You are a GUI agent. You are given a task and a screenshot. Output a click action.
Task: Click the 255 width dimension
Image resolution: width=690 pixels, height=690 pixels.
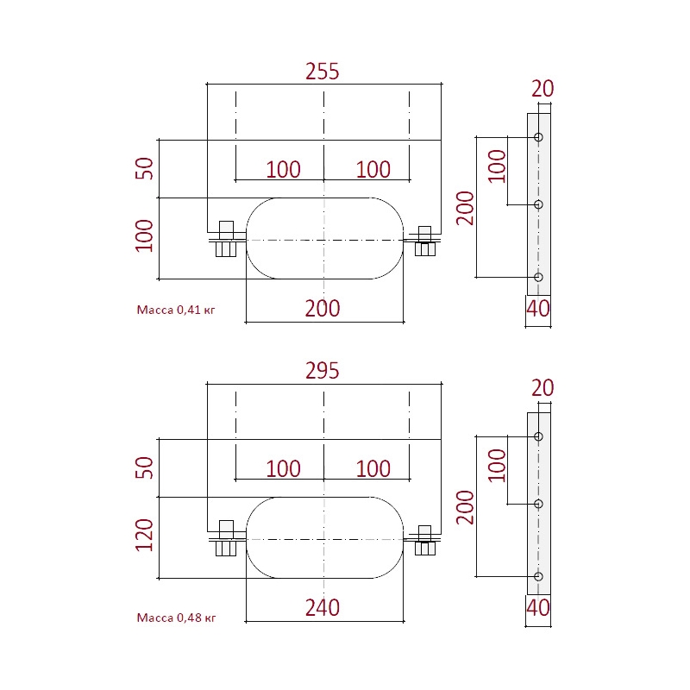coord(323,72)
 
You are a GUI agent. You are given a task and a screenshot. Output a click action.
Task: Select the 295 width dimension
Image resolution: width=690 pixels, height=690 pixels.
coord(323,371)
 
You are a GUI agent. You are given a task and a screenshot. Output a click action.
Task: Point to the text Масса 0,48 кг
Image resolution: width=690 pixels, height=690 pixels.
coord(175,617)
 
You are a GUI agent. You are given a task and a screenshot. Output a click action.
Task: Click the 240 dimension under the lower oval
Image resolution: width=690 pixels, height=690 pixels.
coord(323,607)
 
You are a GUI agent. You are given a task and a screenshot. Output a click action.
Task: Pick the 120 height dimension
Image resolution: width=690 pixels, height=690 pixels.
coord(145,536)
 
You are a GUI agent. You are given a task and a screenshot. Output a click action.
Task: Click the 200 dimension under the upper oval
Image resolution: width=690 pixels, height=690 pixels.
coord(323,308)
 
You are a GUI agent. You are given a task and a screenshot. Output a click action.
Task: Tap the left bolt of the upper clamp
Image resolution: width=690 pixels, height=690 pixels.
coord(226,240)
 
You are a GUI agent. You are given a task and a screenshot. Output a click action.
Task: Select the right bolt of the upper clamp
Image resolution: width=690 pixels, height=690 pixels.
coord(424,240)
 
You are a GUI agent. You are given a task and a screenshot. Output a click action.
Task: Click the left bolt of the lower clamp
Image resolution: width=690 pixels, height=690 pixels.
coord(226,539)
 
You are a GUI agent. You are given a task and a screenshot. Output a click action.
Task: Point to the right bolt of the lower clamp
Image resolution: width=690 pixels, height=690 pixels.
coord(424,539)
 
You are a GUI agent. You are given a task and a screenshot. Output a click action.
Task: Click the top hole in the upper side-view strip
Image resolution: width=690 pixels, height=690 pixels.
coord(538,137)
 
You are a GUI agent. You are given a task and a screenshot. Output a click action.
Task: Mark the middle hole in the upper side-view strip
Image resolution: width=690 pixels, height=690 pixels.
coord(538,204)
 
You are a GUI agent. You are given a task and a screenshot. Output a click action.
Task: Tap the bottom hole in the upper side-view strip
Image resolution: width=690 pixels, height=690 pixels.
coord(538,277)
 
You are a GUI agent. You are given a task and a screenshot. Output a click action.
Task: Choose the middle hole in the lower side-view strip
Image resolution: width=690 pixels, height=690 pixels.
coord(538,504)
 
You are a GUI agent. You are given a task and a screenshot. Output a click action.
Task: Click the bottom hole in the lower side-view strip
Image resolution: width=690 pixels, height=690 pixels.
coord(538,576)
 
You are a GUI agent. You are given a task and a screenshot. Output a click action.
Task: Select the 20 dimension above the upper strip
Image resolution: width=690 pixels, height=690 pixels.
coord(543,89)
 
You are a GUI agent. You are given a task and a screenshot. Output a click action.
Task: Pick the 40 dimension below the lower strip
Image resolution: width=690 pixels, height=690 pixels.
coord(538,608)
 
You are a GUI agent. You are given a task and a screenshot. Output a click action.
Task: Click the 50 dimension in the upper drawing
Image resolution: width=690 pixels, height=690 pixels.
coord(145,168)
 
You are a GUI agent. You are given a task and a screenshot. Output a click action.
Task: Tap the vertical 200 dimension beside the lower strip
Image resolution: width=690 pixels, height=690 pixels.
coord(466,507)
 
